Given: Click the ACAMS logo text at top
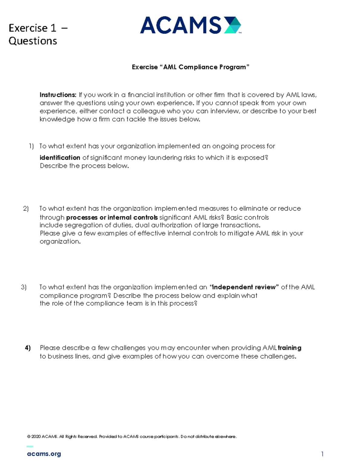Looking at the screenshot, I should click(181, 25).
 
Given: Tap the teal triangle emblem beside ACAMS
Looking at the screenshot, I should click(233, 25).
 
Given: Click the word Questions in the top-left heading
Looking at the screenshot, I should click(33, 41).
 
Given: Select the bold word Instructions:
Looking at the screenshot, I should click(58, 95).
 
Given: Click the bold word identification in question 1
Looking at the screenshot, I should click(60, 158).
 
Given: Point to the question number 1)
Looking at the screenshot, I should click(31, 146).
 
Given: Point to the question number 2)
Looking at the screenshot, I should click(26, 209).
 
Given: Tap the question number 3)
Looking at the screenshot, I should click(24, 287).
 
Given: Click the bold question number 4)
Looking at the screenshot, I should click(28, 348).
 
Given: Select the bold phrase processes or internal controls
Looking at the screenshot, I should click(112, 218).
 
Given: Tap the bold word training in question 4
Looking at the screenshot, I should click(289, 348).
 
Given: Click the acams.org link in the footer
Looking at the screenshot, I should click(44, 454).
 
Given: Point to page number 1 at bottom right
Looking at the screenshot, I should click(322, 454).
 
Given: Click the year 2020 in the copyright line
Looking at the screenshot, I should click(36, 436).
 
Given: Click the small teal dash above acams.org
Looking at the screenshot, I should click(30, 446).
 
